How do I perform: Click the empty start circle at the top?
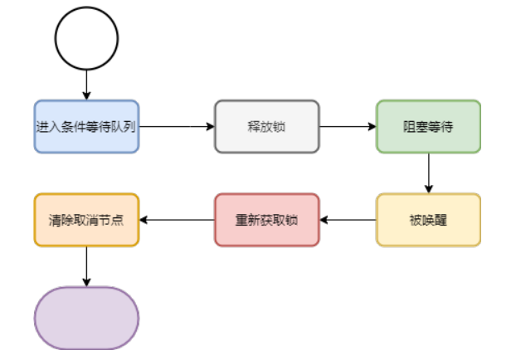(x=86, y=38)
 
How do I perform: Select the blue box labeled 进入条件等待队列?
(x=86, y=127)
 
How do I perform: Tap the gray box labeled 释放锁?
(x=266, y=127)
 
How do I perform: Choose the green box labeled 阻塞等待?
(x=428, y=127)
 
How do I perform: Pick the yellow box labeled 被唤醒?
(x=428, y=220)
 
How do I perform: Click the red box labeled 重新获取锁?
(x=266, y=220)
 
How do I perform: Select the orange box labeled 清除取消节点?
(x=86, y=220)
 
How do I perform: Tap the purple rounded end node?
(x=86, y=318)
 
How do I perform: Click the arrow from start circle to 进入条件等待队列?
(x=86, y=85)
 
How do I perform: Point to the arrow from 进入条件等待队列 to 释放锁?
(x=176, y=127)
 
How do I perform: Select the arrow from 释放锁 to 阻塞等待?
(x=347, y=127)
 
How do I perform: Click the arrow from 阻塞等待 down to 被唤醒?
(x=428, y=173)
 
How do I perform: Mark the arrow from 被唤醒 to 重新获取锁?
(x=348, y=220)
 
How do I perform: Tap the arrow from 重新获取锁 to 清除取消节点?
(x=176, y=220)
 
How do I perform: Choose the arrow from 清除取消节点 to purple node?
(x=86, y=265)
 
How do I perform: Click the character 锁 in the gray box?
(x=280, y=127)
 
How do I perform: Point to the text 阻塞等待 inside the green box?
(x=428, y=127)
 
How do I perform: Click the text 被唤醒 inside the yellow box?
(x=428, y=220)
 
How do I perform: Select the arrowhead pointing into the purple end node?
(x=86, y=282)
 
